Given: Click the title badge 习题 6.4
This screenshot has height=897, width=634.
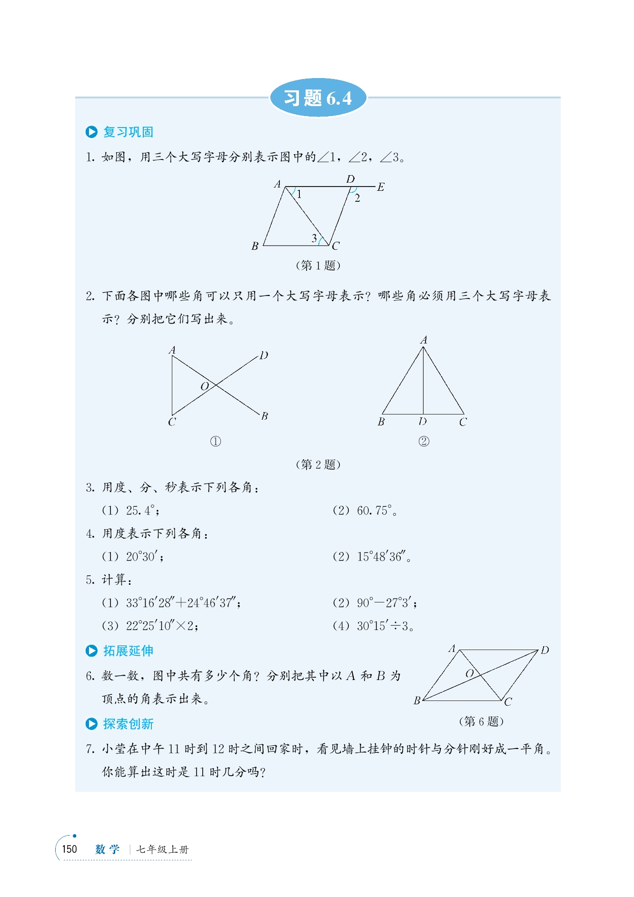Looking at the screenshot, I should [x=318, y=98].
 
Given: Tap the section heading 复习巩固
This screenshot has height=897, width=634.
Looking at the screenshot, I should [x=128, y=132].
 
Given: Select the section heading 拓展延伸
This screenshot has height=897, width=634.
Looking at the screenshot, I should [x=128, y=651].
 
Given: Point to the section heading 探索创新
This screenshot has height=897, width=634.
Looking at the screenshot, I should [x=128, y=724].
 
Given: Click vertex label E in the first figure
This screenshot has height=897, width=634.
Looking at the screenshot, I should [x=381, y=187].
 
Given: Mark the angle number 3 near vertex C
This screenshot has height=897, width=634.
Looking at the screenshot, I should [x=314, y=238].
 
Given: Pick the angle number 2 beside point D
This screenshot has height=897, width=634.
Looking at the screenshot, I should [x=357, y=198].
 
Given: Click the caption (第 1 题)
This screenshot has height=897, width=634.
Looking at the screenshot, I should [x=318, y=265].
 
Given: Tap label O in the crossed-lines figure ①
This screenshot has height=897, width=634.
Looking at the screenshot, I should [x=205, y=386].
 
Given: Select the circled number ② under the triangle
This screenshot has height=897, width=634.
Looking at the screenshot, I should [x=424, y=442].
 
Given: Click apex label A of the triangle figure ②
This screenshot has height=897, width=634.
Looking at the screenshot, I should [x=424, y=340].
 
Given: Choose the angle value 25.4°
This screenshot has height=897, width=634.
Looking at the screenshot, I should [x=141, y=511].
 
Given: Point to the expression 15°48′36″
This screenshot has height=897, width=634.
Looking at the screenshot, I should [x=382, y=557].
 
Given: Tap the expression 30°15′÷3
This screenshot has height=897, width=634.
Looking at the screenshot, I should [x=383, y=626].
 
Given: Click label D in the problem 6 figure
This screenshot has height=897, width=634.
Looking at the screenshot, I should [x=545, y=650].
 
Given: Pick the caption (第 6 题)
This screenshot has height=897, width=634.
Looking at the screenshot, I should [x=481, y=721].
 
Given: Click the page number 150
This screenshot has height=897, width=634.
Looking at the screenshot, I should [x=69, y=849].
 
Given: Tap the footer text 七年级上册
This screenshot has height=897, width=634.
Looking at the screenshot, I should [x=162, y=849].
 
